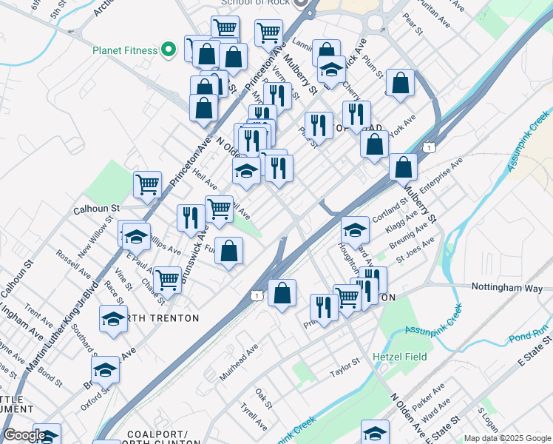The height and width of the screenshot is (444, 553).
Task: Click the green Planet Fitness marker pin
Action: [x=169, y=50]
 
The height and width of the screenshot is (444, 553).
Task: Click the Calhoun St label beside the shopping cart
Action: [x=95, y=209]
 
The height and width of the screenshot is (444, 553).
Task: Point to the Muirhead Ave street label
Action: [x=238, y=362]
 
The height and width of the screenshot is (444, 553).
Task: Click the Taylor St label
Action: [x=344, y=365]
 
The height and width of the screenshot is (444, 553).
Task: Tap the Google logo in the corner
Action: [x=24, y=435]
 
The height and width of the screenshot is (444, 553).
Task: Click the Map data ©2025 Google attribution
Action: [x=507, y=438]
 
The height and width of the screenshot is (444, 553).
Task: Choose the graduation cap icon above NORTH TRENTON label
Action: [x=113, y=319]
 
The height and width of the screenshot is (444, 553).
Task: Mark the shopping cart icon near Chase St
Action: [x=168, y=280]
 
